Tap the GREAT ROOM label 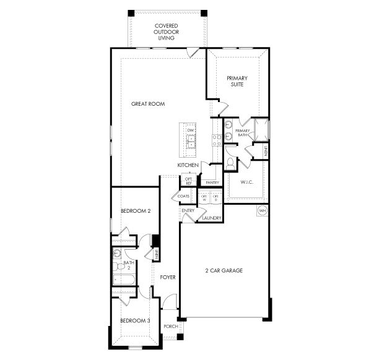[x=148, y=104]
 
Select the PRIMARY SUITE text [x=237, y=81]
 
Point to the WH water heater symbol [x=261, y=210]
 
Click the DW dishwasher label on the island [x=191, y=131]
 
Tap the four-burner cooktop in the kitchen [x=217, y=140]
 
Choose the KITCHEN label [x=188, y=166]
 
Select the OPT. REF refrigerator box [x=189, y=181]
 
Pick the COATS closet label [x=183, y=196]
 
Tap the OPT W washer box [x=204, y=198]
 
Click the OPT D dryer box [x=216, y=198]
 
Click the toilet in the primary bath [x=231, y=163]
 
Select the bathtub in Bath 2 [x=123, y=280]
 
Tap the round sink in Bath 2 [x=116, y=253]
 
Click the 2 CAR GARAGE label [x=224, y=271]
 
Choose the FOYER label [x=168, y=277]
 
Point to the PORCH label [x=171, y=326]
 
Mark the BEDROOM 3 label [x=135, y=320]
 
